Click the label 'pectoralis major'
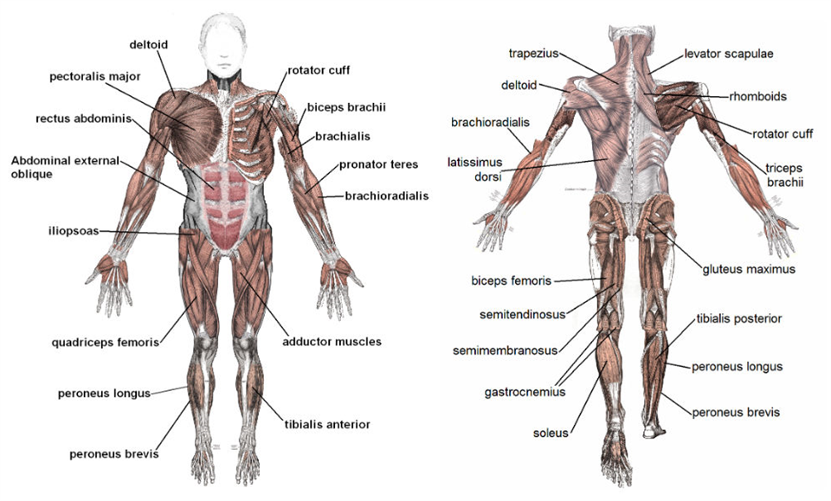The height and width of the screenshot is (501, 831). coord(95,77)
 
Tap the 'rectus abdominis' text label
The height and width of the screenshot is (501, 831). coord(83,119)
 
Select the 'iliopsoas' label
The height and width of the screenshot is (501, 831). coord(74,231)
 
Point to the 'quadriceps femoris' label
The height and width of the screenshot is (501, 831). coord(105,343)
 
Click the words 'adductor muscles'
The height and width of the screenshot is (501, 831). coord(332,342)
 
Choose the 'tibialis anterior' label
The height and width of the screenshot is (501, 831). coord(327,424)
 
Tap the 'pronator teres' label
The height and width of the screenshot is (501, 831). coord(378,164)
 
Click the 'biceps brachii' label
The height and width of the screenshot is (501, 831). coord(346,107)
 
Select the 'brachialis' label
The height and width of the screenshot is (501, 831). coord(343,137)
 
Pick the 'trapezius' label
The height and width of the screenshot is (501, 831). coord(534,54)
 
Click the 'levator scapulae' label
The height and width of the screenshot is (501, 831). coord(729,54)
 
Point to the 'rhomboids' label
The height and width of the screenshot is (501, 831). coord(758,96)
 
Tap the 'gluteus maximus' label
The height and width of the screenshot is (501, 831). coord(749,269)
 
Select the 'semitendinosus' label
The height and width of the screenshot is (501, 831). coord(523,315)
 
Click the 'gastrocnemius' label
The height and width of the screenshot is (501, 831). coord(525,393)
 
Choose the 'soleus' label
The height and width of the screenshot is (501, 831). coord(551,433)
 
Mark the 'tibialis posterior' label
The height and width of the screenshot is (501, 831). coord(738,318)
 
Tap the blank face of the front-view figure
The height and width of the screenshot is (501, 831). coord(222,47)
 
